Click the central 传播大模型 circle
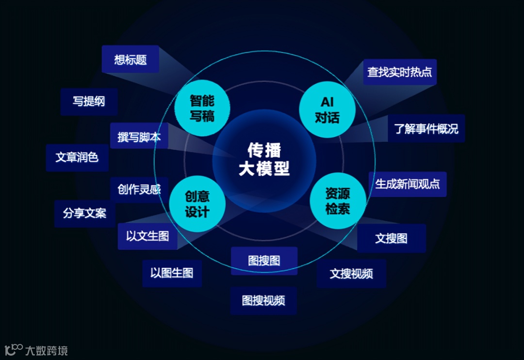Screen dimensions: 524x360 point(264,160)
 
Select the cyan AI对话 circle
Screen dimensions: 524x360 point(327,110)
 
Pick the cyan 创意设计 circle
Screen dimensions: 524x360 point(197,204)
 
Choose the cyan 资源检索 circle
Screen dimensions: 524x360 point(338,201)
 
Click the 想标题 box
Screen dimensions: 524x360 point(131,60)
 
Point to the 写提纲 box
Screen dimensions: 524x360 point(89,101)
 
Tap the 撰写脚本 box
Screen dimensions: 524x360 point(139,136)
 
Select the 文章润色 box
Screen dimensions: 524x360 point(77,157)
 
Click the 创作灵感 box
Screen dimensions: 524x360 point(139,189)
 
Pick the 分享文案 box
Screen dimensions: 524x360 point(84,213)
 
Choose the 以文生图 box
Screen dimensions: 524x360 point(147,236)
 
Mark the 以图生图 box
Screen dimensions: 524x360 point(172,273)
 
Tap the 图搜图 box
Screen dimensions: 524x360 point(264,261)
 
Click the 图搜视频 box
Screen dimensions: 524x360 point(263,300)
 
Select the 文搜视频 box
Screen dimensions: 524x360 point(351,274)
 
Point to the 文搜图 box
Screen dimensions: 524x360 point(392,238)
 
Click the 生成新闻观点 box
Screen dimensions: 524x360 point(408,184)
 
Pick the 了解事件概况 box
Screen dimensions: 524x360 point(426,129)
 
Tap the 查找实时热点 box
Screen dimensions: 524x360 point(400,72)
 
